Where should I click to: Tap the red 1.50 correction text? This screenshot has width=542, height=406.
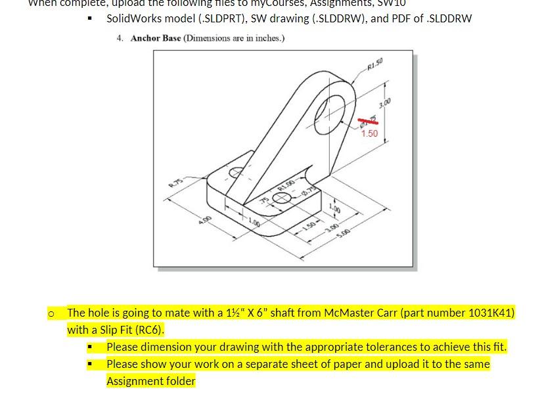(x=370, y=133)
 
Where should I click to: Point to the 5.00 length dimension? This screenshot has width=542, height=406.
(x=344, y=233)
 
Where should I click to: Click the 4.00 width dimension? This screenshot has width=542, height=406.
(x=206, y=219)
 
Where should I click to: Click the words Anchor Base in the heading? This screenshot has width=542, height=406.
(x=156, y=38)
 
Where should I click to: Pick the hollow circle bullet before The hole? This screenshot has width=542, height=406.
(x=51, y=313)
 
